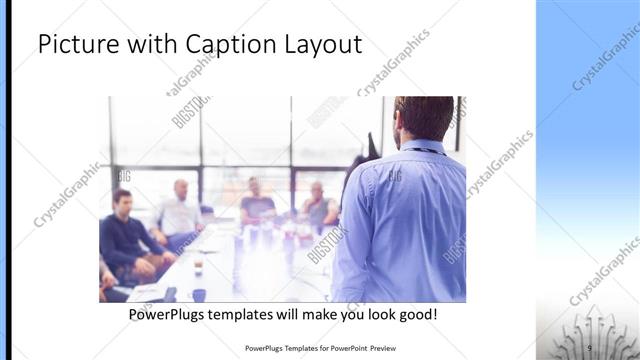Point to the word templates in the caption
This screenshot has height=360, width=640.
pos(254,315)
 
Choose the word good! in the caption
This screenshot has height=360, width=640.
pos(414,315)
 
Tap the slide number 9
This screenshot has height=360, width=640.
pos(589,347)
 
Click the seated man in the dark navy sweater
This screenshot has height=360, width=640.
pos(125,235)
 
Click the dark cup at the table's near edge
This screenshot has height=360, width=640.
pos(199,294)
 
